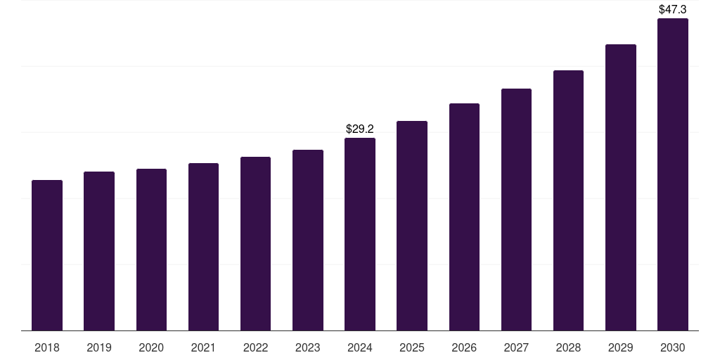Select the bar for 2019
click(99, 251)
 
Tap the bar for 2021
click(203, 247)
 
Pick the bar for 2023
click(308, 240)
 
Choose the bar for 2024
click(360, 234)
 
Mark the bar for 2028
click(568, 200)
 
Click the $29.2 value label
click(360, 129)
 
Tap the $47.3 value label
click(673, 10)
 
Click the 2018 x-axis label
click(47, 348)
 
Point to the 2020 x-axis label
click(151, 348)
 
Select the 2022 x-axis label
click(255, 348)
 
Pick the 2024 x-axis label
click(360, 348)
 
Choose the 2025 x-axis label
click(412, 348)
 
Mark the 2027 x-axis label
click(516, 348)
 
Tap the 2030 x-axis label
click(673, 348)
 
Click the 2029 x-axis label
click(621, 348)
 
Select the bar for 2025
click(412, 226)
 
